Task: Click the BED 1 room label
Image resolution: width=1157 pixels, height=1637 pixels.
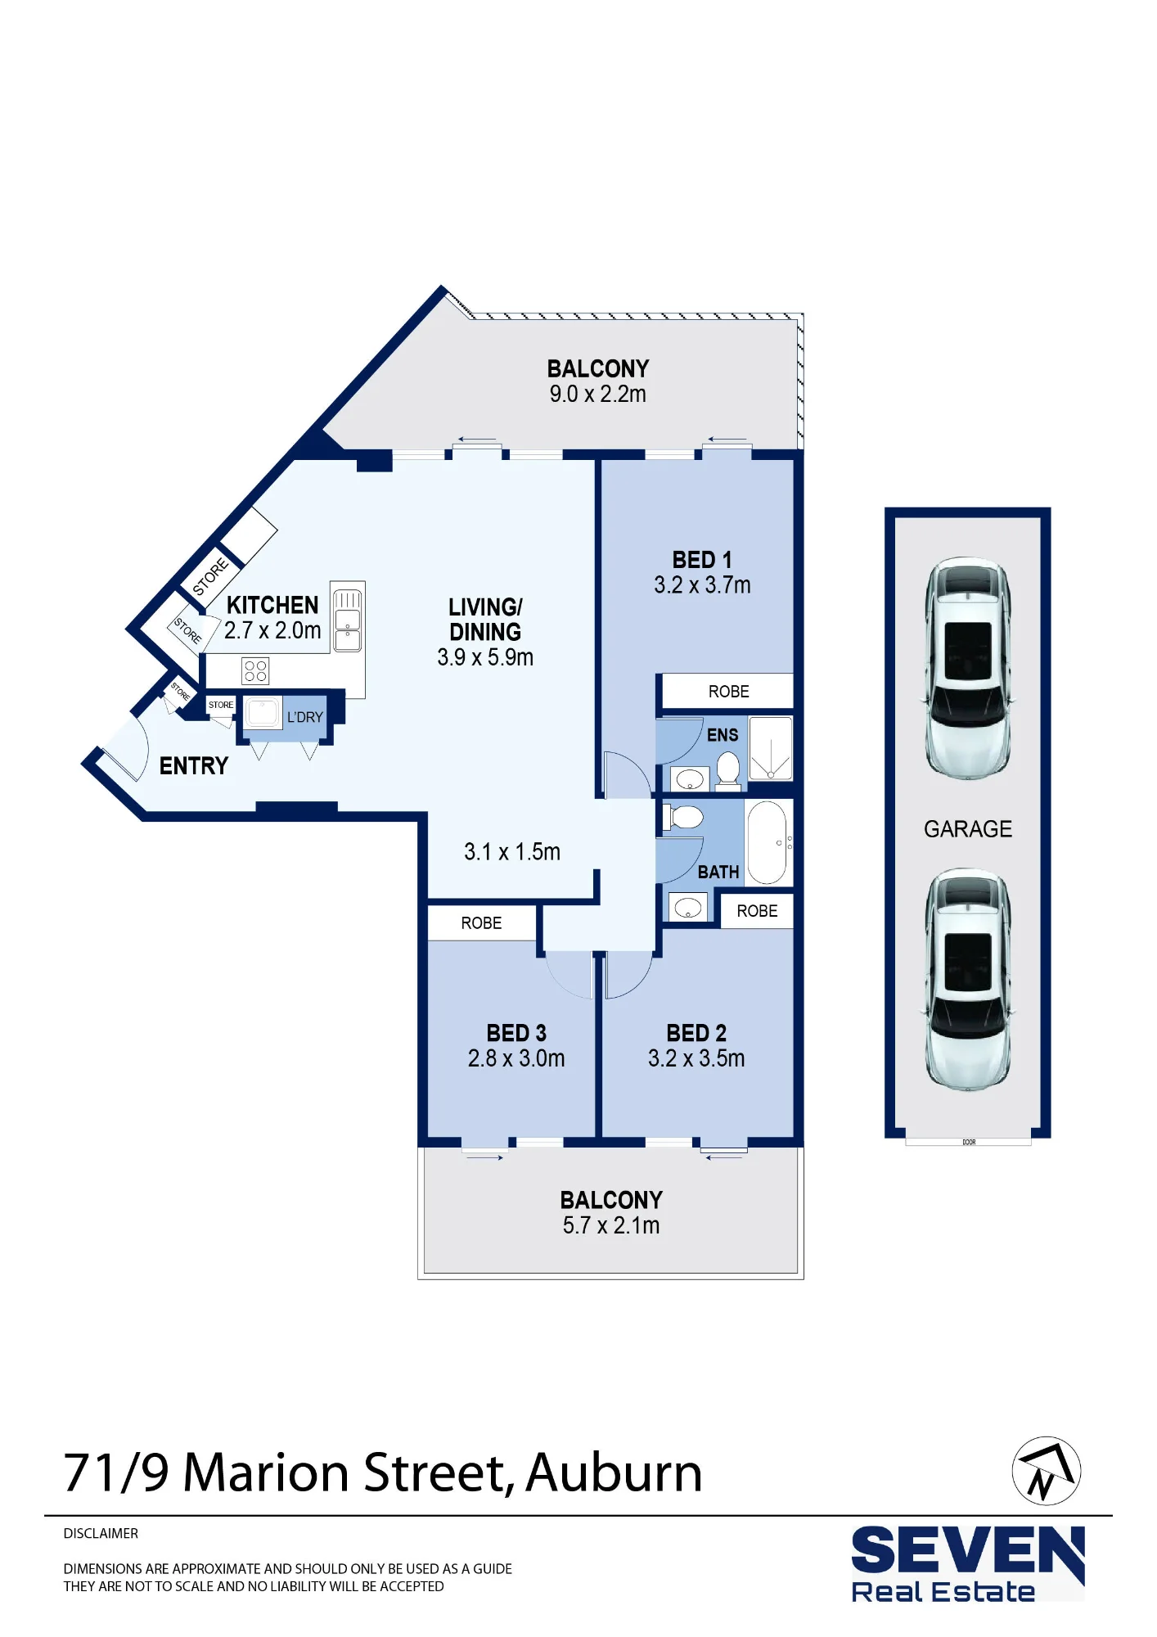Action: [x=702, y=560]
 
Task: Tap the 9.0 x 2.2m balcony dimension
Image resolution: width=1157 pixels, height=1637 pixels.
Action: [x=597, y=394]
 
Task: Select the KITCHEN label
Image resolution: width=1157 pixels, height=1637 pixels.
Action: [x=272, y=605]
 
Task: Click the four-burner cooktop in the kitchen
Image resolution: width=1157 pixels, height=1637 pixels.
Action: [x=255, y=671]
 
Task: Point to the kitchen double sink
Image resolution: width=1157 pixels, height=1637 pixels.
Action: [x=348, y=620]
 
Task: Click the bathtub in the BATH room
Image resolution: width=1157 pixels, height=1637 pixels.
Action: [x=767, y=842]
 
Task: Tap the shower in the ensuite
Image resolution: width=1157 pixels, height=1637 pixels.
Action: [x=771, y=748]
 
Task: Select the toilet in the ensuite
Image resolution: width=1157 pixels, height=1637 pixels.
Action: [x=728, y=770]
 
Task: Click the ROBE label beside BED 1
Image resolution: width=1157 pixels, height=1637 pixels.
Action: [x=728, y=692]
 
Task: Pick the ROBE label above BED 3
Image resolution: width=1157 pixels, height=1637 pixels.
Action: [x=481, y=923]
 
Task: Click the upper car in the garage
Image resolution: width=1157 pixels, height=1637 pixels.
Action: [x=968, y=668]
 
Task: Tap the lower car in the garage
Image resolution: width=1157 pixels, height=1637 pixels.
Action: [x=968, y=980]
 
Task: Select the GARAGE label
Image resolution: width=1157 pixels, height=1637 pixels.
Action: [x=968, y=829]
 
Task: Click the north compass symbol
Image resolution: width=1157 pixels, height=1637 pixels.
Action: [x=1046, y=1471]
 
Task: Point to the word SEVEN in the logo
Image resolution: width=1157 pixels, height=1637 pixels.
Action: [x=968, y=1551]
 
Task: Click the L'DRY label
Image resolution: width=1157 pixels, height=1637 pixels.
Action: [x=304, y=717]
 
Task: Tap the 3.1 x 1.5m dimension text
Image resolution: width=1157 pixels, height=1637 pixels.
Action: [x=512, y=852]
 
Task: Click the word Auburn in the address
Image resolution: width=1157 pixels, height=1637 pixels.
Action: [x=614, y=1473]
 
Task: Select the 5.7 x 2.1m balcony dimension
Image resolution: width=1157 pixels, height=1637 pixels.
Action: [x=611, y=1225]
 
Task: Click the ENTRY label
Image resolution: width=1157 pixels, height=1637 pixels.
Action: [x=194, y=766]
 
